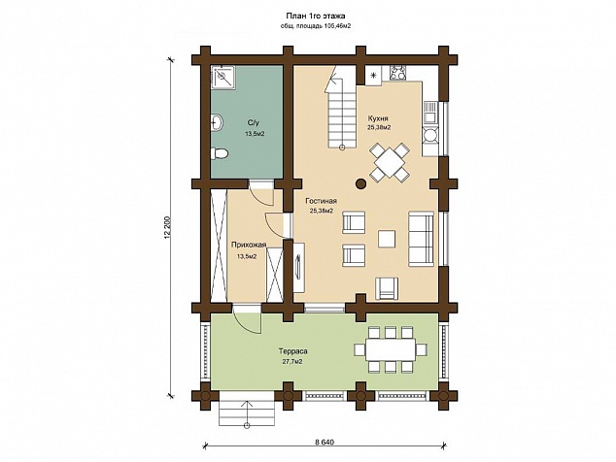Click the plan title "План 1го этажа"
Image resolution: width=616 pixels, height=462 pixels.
click(316, 16)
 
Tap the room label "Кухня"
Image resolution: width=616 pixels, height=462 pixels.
click(378, 118)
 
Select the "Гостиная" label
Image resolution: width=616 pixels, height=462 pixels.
click(322, 201)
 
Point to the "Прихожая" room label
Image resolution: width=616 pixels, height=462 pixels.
click(249, 245)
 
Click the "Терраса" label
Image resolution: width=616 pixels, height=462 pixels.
click(292, 351)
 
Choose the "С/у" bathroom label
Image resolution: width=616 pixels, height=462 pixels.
click(253, 121)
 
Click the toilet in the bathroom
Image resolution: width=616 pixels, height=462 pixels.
click(219, 153)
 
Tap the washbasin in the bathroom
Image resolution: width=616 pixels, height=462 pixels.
click(217, 122)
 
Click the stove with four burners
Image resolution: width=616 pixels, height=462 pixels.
click(397, 74)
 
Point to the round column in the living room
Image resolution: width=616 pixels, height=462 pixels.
click(361, 183)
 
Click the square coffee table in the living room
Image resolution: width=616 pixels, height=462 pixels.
click(387, 239)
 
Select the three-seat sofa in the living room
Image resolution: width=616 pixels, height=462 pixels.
click(421, 239)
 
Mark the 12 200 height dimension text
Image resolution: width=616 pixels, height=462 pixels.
click(168, 227)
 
